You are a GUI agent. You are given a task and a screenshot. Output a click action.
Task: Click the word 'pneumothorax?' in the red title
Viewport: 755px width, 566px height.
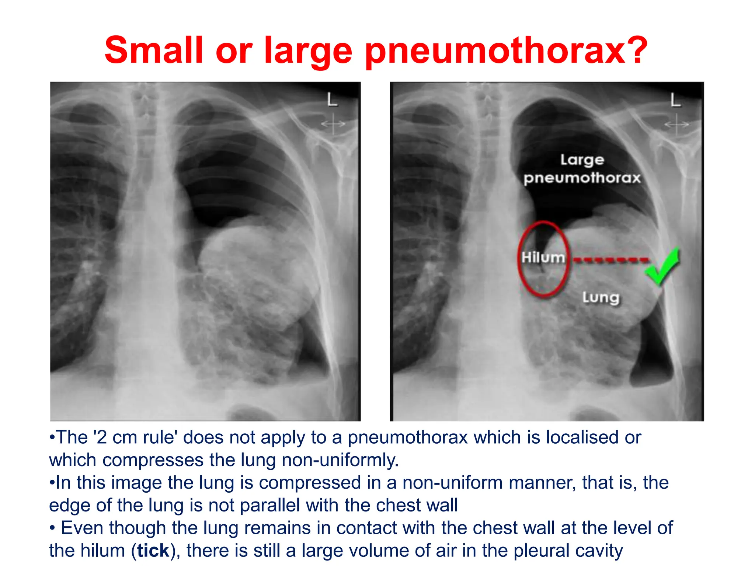(506, 52)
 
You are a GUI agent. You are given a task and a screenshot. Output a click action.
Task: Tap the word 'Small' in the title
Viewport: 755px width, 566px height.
(154, 50)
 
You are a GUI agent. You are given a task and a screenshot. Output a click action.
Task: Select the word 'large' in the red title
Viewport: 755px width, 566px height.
(308, 52)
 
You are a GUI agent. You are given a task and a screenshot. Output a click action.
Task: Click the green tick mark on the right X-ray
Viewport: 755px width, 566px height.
(663, 266)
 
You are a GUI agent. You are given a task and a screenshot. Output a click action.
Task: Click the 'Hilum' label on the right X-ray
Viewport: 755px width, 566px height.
(543, 257)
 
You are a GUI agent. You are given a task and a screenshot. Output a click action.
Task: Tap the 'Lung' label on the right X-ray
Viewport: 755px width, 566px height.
(601, 297)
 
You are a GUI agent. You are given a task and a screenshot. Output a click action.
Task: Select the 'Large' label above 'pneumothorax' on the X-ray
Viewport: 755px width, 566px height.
(582, 160)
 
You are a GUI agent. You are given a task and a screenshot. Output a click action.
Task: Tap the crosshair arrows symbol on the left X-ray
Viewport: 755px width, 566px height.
(333, 124)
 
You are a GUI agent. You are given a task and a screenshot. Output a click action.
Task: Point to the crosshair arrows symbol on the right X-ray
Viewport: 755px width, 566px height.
(676, 124)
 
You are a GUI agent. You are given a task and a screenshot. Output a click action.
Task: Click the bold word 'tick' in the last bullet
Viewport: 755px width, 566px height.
(153, 551)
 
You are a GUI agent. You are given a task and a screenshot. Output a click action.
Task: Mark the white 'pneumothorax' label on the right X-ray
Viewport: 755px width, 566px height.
(582, 178)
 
